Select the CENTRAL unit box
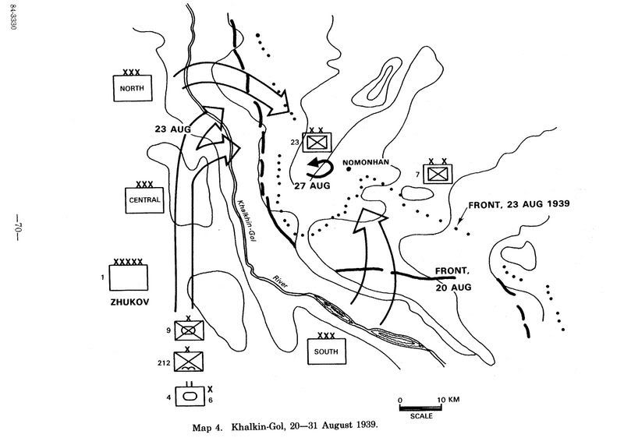tap(144, 200)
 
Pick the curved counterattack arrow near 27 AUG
tap(318, 165)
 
